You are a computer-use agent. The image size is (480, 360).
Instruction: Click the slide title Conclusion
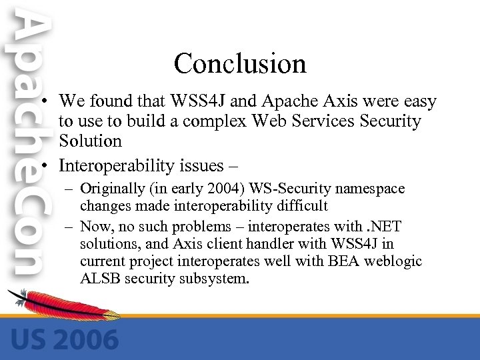pos(240,64)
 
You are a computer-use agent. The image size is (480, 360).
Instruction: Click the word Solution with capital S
pos(90,141)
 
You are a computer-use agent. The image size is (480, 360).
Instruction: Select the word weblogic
pos(393,261)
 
